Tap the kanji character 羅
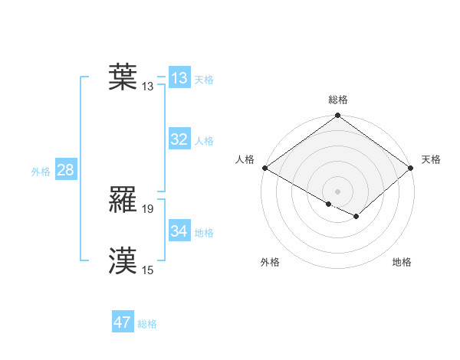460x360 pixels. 123,201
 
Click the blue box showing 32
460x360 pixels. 179,139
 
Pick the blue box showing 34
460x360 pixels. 179,231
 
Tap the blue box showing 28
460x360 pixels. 65,170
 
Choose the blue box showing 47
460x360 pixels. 122,322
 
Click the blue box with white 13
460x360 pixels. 179,78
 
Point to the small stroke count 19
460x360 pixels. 149,208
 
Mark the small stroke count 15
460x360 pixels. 148,270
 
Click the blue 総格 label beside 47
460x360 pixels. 147,324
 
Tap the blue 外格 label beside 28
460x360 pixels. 41,172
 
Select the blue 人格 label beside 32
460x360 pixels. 204,141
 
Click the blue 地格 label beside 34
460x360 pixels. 204,233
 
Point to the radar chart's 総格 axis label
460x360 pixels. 338,100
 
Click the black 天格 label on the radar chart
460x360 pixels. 431,159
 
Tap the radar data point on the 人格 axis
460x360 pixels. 264,168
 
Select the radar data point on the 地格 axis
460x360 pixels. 357,217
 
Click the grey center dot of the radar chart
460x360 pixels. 337,191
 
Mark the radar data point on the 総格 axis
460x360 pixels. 337,116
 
